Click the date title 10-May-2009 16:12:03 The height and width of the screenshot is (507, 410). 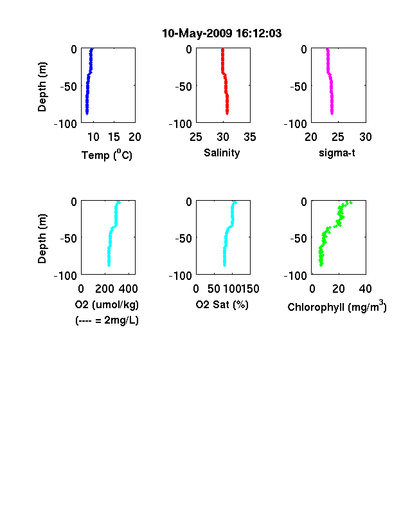click(x=222, y=33)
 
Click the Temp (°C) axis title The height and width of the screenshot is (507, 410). click(x=107, y=155)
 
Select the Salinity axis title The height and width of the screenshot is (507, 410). click(x=222, y=152)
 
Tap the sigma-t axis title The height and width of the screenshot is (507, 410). click(x=337, y=152)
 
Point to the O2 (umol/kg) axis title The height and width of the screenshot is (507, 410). click(x=107, y=304)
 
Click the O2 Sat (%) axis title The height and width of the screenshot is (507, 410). click(x=222, y=304)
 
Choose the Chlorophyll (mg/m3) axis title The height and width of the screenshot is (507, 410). click(x=337, y=306)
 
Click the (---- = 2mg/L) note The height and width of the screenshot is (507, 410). click(x=107, y=320)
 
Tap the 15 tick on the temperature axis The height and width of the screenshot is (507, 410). click(x=114, y=137)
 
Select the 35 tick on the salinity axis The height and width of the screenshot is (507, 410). click(x=250, y=137)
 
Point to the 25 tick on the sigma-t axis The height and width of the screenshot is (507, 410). click(x=338, y=137)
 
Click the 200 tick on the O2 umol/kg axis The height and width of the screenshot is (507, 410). click(x=104, y=288)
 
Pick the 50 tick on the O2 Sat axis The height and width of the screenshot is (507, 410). click(x=214, y=288)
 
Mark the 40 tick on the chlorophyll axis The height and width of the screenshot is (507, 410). click(x=365, y=288)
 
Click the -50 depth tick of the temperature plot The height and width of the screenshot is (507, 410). click(x=69, y=86)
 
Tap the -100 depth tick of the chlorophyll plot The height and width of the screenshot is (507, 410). click(x=296, y=275)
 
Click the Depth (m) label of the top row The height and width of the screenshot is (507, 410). click(x=42, y=87)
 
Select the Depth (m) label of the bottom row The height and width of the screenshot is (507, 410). click(x=42, y=239)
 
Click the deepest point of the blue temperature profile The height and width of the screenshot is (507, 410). click(x=87, y=113)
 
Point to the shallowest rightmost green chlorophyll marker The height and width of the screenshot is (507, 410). click(x=351, y=203)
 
